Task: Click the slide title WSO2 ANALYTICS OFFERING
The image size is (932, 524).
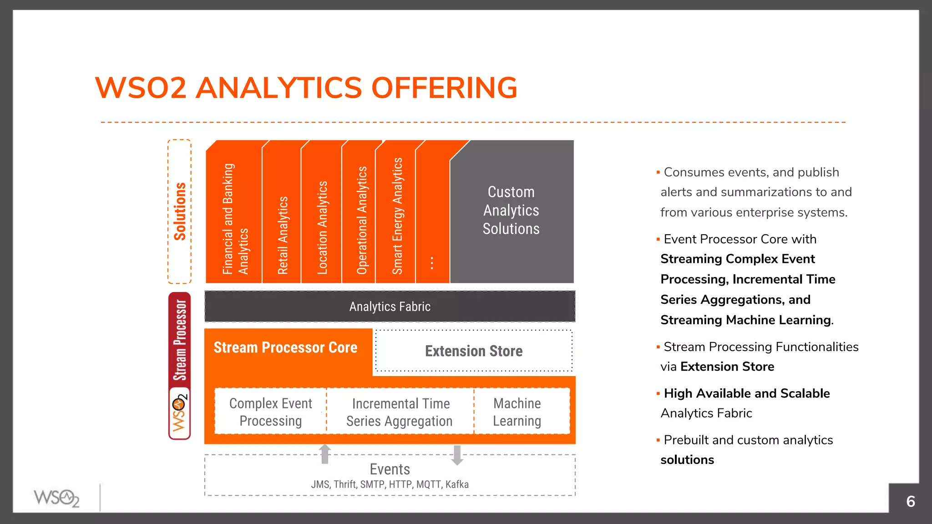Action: point(306,88)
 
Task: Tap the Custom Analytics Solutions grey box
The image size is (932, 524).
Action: point(511,211)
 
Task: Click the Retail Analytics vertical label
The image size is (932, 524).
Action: point(283,235)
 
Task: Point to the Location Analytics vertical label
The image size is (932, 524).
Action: point(322,227)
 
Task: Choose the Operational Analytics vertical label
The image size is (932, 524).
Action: point(362,220)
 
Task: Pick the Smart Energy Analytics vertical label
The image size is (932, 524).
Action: point(397,216)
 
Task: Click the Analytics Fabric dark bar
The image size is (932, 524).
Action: point(390,307)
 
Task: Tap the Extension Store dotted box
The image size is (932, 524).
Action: point(473,351)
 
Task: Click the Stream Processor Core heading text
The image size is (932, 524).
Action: point(285,348)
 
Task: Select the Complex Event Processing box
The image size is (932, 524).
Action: point(271,412)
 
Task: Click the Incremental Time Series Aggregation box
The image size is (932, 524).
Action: point(400,412)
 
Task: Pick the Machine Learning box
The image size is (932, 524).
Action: point(517,412)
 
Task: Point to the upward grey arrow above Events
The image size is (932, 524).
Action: point(325,453)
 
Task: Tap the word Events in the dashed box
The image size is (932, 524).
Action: point(390,469)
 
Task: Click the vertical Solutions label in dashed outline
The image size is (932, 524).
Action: point(180,212)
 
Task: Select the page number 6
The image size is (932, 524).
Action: point(910,501)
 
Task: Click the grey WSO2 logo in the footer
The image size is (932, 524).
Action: point(56,498)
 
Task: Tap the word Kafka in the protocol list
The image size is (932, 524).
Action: point(457,484)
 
